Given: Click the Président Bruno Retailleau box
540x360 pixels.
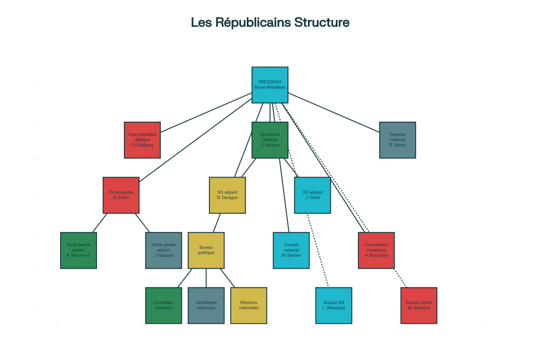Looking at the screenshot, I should [x=270, y=85].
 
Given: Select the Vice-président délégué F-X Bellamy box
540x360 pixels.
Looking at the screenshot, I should [x=142, y=140].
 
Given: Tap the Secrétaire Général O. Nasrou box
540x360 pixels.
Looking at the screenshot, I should [x=270, y=140].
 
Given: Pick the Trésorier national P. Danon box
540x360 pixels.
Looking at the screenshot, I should [x=398, y=140].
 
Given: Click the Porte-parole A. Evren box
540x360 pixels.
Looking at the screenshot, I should [x=121, y=195].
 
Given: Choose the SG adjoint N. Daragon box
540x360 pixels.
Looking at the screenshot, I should [x=227, y=195].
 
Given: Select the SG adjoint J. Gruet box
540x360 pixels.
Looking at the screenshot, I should [x=312, y=195].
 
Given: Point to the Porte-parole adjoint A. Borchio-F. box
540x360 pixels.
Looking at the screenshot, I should [x=79, y=250].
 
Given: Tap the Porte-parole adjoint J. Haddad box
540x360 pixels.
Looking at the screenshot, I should [x=163, y=250].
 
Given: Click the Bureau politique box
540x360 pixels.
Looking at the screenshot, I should [x=206, y=250].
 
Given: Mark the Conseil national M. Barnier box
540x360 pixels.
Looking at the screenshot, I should [x=291, y=250].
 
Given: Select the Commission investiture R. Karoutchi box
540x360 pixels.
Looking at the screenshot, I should [x=376, y=250].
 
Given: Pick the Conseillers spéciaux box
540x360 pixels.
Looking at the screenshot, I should [x=163, y=305].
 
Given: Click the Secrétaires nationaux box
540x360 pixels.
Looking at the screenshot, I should [x=206, y=305].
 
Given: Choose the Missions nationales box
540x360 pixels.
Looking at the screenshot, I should [x=248, y=305].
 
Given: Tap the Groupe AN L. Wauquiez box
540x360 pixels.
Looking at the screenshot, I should [x=334, y=305].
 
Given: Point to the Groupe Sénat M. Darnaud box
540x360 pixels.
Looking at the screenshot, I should [x=419, y=305].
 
